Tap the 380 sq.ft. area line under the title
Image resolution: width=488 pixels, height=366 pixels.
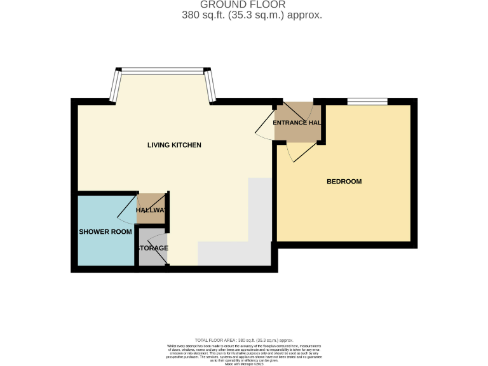pyautogui.click(x=252, y=15)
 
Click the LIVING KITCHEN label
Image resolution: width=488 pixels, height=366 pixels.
pyautogui.click(x=174, y=146)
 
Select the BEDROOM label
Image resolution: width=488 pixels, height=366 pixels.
pyautogui.click(x=344, y=182)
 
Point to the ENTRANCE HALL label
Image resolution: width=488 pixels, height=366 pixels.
pyautogui.click(x=296, y=122)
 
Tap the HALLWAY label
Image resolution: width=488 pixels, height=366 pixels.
pyautogui.click(x=151, y=210)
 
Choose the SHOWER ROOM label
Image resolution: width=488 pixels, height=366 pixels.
pyautogui.click(x=105, y=232)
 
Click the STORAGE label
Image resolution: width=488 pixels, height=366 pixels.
pyautogui.click(x=152, y=248)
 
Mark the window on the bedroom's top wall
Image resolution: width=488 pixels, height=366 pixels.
pyautogui.click(x=367, y=100)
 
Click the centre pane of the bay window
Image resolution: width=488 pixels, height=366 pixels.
pyautogui.click(x=162, y=71)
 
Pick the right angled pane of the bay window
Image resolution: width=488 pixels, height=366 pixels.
pyautogui.click(x=210, y=86)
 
